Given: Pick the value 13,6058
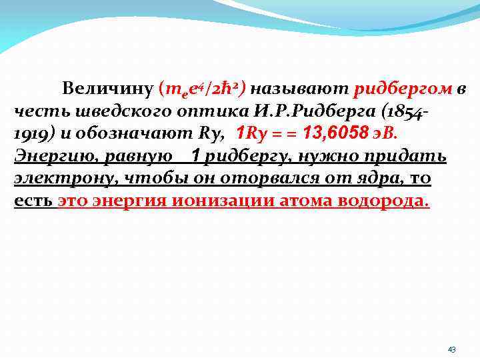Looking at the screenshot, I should tap(335, 133).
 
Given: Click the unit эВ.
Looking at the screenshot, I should tap(385, 133).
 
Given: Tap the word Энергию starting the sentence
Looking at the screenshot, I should tap(47, 156).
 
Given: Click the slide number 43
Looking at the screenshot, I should tap(451, 349).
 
